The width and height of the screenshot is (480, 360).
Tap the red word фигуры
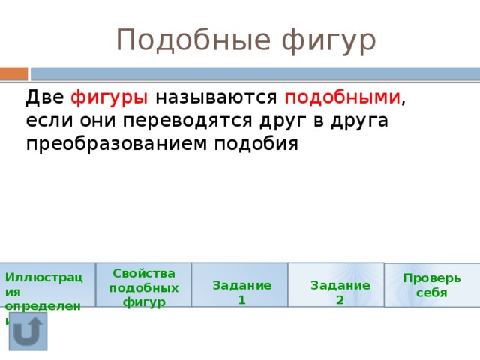point(109,97)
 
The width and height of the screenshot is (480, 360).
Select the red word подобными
point(342,97)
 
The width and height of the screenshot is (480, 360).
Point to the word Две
point(44,97)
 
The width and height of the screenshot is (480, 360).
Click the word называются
point(217,97)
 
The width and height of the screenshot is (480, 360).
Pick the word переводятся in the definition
point(186,120)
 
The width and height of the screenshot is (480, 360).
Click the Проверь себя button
point(432,285)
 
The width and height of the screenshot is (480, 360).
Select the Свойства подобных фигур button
point(144,285)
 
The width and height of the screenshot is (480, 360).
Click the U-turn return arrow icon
point(28,331)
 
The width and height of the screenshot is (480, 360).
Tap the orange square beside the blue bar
point(13,73)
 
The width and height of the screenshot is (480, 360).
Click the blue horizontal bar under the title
point(255,73)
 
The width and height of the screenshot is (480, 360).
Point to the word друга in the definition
point(361,120)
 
